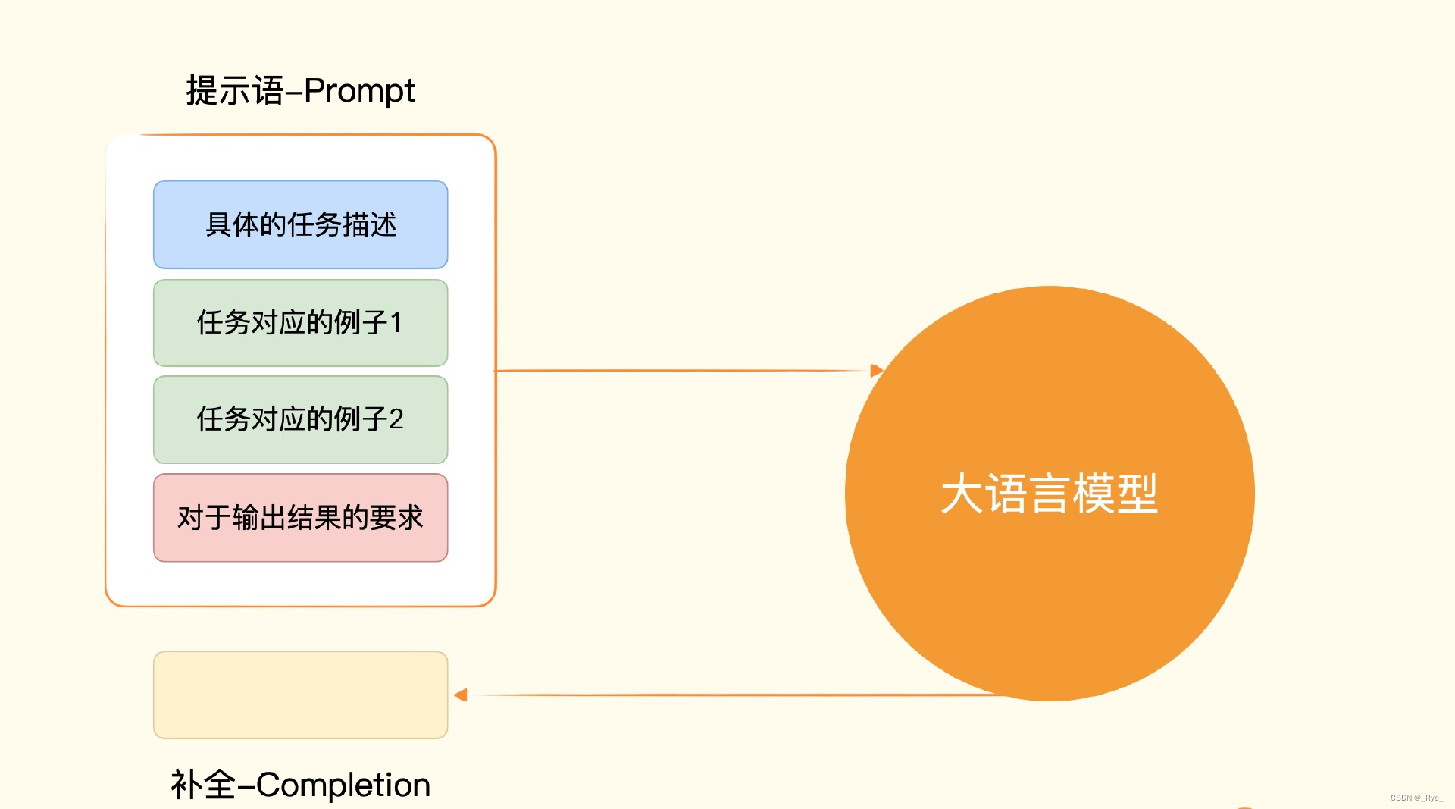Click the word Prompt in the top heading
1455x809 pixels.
[359, 92]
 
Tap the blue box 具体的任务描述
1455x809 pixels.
[301, 224]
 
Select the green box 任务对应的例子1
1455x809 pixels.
[301, 323]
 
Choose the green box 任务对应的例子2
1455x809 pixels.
[301, 419]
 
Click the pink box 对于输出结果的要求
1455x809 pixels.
[301, 518]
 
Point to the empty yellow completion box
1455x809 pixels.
[301, 695]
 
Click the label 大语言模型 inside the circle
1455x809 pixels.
[1050, 494]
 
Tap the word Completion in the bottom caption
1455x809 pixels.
[343, 785]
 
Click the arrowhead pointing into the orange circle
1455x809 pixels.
[877, 371]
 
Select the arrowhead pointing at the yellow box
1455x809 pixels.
[461, 695]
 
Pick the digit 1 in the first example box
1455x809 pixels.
[396, 323]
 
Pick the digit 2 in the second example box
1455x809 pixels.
[396, 419]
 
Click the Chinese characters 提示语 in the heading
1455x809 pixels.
[235, 91]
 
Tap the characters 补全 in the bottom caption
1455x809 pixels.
[203, 785]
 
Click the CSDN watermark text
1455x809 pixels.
[1416, 798]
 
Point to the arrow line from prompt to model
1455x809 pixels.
[682, 371]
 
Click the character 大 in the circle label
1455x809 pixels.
[962, 494]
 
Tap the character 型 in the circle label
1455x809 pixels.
[1137, 494]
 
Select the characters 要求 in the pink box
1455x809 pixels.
[396, 518]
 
